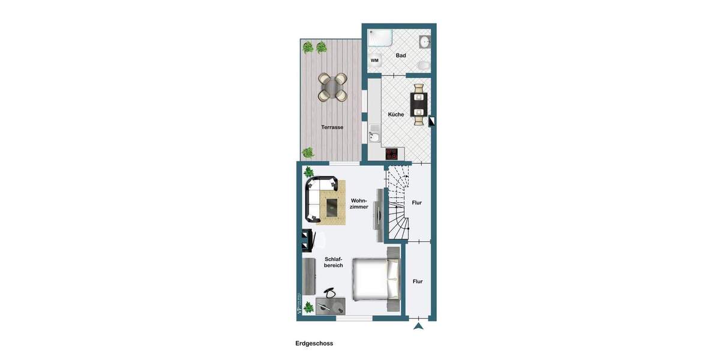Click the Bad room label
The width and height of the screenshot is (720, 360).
pos(401,56)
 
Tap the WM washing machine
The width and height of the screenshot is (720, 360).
pos(375,60)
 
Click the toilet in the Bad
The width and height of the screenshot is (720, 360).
pos(423,65)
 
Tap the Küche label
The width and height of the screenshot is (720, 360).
pos(396,115)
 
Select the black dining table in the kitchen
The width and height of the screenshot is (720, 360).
pos(418,104)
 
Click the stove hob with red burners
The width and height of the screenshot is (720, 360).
pos(392,153)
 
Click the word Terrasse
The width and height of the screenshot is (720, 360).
pos(332,127)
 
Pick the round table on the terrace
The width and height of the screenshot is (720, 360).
pos(332,88)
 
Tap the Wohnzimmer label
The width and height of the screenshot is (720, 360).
pos(359,203)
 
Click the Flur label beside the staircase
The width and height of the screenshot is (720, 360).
pos(417,203)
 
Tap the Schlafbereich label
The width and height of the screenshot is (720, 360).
pos(333,262)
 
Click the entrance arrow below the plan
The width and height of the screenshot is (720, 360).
pos(419,326)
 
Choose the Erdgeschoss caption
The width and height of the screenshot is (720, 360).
pos(314,344)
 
